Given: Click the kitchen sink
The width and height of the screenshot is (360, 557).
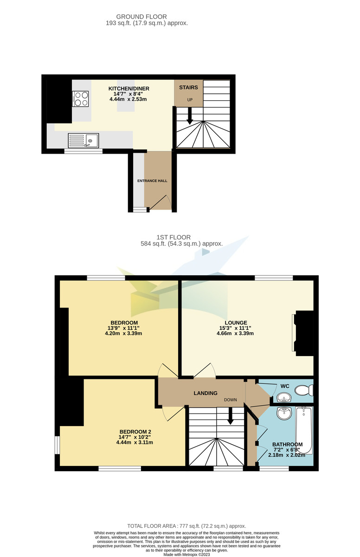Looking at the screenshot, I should point(84,140).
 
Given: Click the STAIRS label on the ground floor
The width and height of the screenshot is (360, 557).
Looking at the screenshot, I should point(188,87).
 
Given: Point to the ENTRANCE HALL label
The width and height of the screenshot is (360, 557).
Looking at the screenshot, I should point(152,181).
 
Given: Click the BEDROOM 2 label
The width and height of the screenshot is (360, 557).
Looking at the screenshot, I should point(135,431).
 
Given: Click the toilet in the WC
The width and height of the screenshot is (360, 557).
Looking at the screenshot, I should point(304,390).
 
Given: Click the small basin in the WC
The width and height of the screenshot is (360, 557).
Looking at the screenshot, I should point(283,398).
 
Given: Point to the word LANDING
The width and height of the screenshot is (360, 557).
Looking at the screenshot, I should point(205,393).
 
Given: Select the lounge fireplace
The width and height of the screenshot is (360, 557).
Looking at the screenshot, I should point(304,333).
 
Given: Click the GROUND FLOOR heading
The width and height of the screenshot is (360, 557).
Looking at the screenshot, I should point(135,17).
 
